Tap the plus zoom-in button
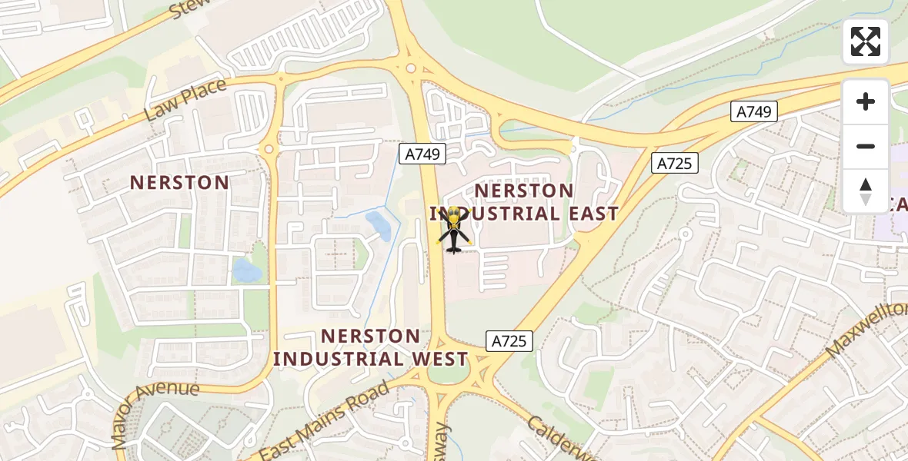pos(866,101)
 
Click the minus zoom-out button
pos(866,146)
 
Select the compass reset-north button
pos(866,191)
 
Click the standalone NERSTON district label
pos(179,183)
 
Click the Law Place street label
pos(185,101)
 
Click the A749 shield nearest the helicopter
pos(422,154)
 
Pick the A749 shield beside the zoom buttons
pos(753,112)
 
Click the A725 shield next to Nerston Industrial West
pos(509,340)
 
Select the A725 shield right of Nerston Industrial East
pos(675,163)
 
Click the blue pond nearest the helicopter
pos(378,225)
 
